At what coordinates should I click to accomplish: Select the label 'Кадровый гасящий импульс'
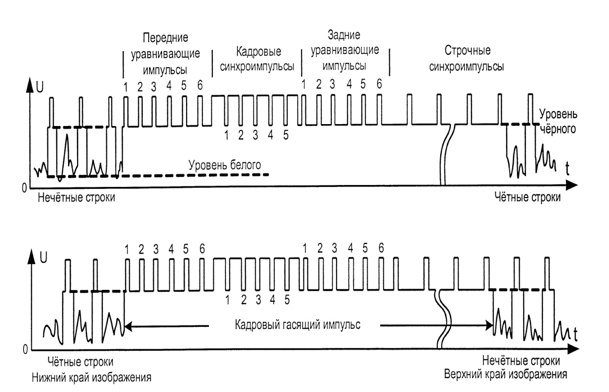click(x=297, y=324)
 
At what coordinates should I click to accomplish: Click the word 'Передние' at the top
click(x=160, y=39)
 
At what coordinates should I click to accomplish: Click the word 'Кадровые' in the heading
click(x=258, y=52)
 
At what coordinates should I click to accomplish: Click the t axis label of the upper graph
click(x=567, y=168)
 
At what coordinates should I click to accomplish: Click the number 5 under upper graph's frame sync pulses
click(x=285, y=135)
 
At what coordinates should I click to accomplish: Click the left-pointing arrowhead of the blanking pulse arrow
click(x=127, y=326)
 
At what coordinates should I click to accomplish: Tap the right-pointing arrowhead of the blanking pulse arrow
click(x=491, y=326)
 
